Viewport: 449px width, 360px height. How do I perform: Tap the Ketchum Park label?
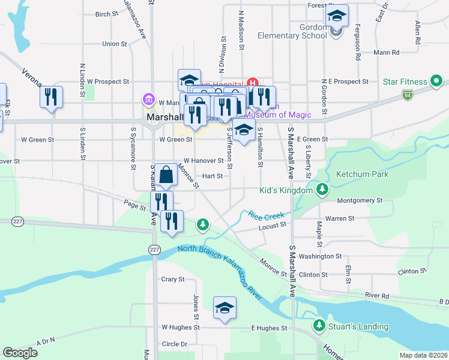(x=362, y=174)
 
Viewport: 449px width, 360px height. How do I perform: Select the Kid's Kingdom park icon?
(x=323, y=190)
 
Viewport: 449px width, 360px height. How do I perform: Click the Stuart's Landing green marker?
(x=318, y=326)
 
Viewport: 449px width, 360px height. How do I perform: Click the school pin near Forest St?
(x=337, y=17)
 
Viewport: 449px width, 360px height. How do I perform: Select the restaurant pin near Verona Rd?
(x=51, y=97)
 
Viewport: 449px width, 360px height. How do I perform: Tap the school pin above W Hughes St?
(x=225, y=308)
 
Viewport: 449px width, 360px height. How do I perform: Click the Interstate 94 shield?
(x=408, y=95)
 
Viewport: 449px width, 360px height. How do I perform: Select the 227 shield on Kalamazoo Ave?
(x=155, y=250)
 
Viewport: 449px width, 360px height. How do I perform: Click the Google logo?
(x=20, y=353)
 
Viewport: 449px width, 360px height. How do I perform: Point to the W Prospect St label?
(x=108, y=81)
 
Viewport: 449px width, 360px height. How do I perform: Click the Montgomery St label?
(x=360, y=200)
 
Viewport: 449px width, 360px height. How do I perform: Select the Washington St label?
(x=320, y=256)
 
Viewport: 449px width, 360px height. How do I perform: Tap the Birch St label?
(x=107, y=14)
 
